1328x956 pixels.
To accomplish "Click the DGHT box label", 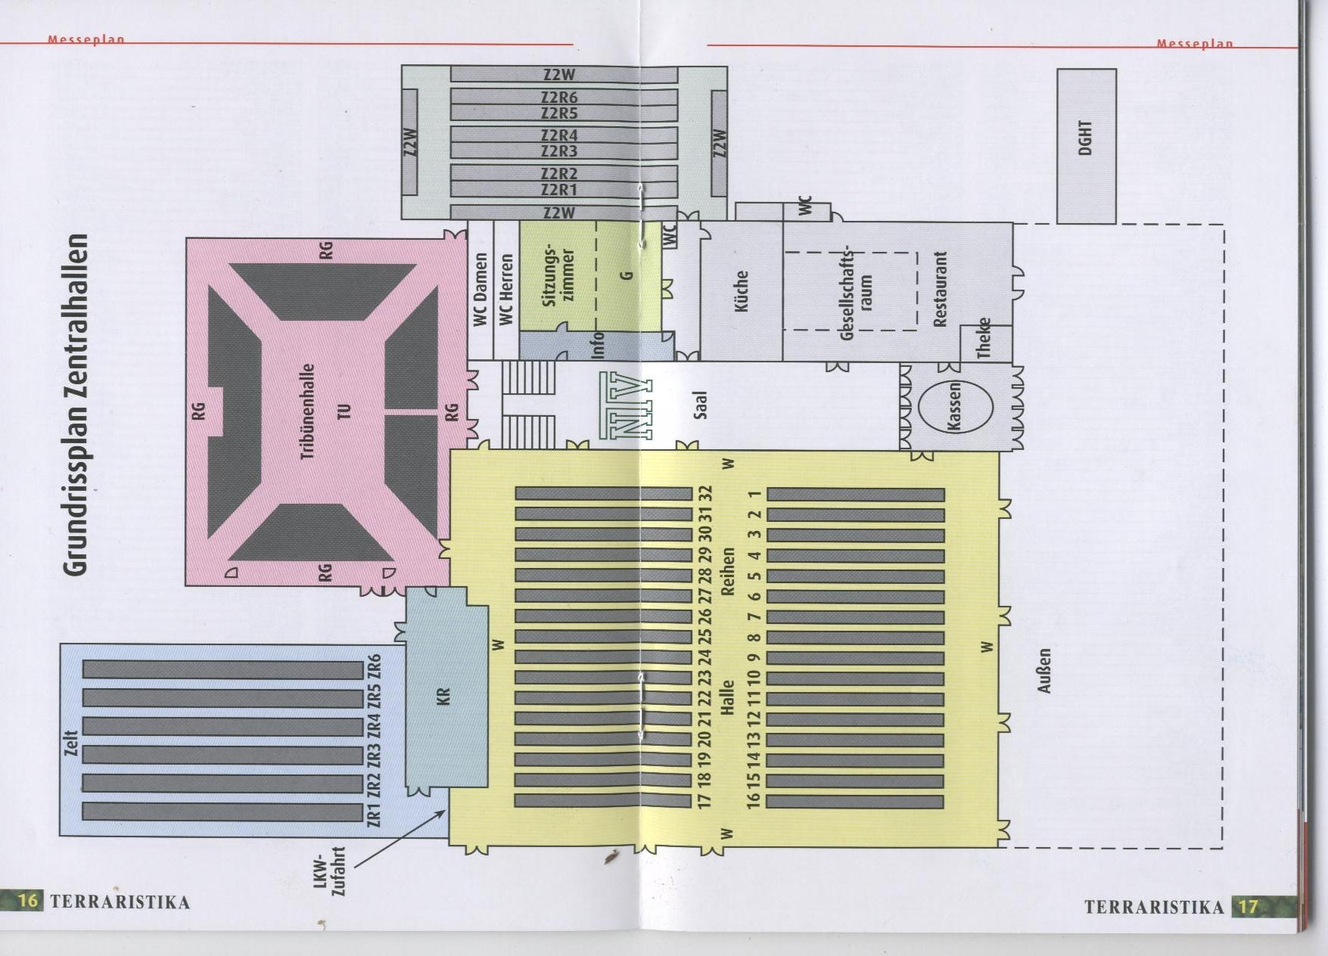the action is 1085,138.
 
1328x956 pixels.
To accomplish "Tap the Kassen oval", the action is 956,406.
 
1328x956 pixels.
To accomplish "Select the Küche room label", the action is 742,291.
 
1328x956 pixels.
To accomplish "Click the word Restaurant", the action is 940,289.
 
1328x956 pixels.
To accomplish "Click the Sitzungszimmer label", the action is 559,276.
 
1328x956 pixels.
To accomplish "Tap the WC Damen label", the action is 481,290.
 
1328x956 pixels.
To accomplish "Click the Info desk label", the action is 598,345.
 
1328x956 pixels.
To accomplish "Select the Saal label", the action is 700,405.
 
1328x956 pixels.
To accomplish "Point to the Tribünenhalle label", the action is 308,411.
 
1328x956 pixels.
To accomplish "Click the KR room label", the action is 443,696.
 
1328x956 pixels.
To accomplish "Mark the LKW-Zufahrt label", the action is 329,871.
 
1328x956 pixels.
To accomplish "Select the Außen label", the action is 1044,670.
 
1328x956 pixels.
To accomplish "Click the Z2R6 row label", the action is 559,97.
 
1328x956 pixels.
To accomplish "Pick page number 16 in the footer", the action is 28,901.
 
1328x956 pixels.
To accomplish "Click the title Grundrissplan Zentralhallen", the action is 76,404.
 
